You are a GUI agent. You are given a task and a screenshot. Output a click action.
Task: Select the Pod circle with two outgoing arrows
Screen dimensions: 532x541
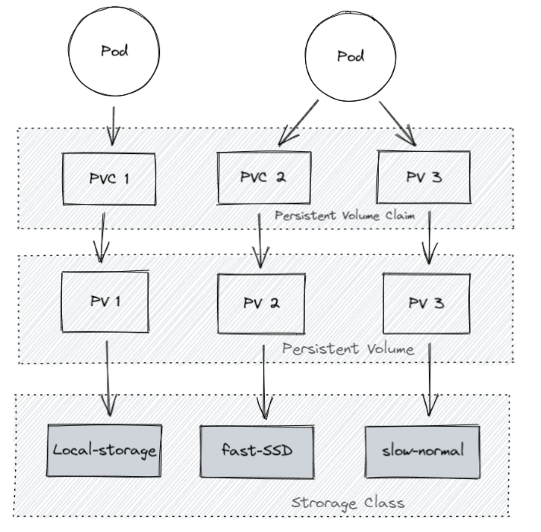pos(350,56)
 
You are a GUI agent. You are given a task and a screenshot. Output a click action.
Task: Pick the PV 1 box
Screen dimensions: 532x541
pos(105,302)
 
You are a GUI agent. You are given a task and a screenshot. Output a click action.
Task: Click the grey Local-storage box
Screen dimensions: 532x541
pos(105,450)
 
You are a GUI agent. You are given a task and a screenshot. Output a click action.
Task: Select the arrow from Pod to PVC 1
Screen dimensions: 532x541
pos(113,125)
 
